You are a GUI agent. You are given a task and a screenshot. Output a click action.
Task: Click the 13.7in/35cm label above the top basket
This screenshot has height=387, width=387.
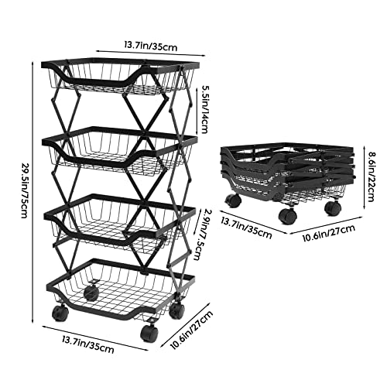point(151,46)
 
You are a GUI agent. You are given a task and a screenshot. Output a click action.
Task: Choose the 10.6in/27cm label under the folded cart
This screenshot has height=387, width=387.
point(329,232)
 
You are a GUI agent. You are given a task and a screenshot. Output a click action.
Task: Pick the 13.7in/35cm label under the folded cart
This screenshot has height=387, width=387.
point(246,228)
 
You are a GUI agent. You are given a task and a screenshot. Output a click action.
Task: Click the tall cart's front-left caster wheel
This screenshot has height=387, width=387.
point(60,313)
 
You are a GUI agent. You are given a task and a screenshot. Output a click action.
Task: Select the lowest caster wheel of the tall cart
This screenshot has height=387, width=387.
point(149,332)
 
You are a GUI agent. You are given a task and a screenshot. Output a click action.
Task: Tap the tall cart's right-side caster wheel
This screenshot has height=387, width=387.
point(176,310)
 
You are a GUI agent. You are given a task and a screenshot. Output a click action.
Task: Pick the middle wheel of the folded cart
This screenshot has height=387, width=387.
point(287,215)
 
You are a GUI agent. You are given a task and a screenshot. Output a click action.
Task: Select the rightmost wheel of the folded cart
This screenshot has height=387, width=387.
point(333,207)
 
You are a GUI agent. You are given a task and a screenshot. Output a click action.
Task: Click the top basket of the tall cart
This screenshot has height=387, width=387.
point(120,77)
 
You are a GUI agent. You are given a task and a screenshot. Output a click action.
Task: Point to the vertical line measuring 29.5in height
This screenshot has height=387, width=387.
point(33,192)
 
